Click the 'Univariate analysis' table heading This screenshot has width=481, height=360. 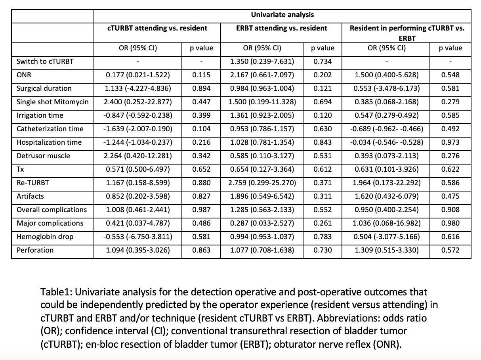click(282, 15)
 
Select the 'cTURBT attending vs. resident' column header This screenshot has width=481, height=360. click(157, 28)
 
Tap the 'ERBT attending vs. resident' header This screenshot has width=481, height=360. click(281, 28)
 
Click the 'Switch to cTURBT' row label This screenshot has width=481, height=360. click(45, 61)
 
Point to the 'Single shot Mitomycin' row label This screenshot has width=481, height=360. click(52, 102)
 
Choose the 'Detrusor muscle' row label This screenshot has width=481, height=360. click(43, 156)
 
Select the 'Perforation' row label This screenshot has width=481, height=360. click(35, 250)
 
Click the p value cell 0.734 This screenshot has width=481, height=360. click(323, 61)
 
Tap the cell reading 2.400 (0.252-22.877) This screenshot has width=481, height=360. click(137, 102)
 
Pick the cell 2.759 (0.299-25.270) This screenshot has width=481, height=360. click(262, 183)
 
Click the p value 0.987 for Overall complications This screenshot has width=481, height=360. click(201, 210)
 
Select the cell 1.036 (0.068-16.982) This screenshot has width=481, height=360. click(386, 223)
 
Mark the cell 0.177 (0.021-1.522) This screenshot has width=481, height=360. click(137, 75)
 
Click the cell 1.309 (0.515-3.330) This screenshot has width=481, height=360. click(386, 250)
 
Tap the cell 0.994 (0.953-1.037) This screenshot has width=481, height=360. click(262, 237)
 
